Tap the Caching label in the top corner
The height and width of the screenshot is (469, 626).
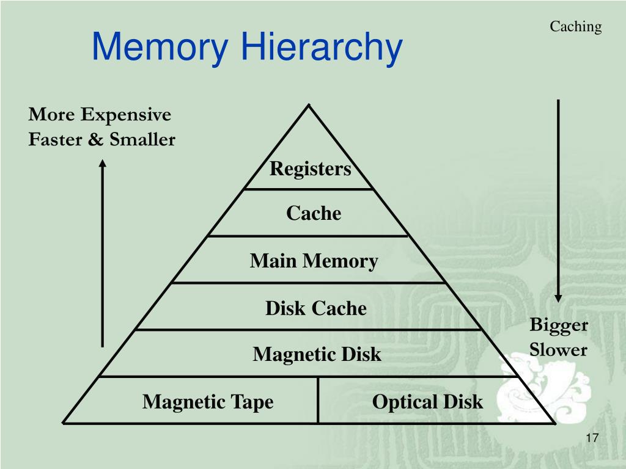(x=575, y=27)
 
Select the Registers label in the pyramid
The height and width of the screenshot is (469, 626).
(x=311, y=169)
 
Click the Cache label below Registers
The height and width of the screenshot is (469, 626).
(x=314, y=213)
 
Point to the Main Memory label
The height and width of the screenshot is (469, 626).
(x=314, y=261)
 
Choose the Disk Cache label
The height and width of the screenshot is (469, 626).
(x=315, y=308)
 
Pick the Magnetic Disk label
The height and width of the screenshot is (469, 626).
(x=317, y=354)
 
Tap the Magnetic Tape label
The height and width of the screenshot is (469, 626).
(x=208, y=402)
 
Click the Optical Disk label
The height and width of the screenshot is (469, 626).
(x=427, y=402)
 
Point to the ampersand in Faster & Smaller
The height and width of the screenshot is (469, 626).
(x=95, y=140)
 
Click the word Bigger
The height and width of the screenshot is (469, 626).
(x=559, y=325)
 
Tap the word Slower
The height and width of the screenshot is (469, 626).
(x=558, y=350)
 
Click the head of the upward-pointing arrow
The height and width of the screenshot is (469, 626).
(x=103, y=162)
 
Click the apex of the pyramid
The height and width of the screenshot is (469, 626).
(x=309, y=106)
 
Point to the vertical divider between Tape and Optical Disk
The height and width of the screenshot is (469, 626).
(x=318, y=400)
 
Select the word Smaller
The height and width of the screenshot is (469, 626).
(x=142, y=140)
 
